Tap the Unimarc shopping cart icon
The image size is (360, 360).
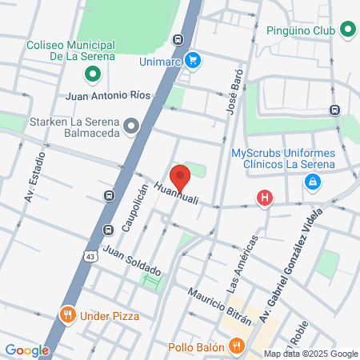[x=192, y=60]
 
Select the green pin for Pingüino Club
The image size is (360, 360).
[x=347, y=30]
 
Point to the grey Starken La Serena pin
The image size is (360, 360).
[x=132, y=124]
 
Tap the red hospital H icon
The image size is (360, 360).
[x=263, y=198]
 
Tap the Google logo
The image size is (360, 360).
[x=26, y=350]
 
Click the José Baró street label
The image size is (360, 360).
[x=232, y=99]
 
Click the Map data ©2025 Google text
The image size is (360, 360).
[x=310, y=354]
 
